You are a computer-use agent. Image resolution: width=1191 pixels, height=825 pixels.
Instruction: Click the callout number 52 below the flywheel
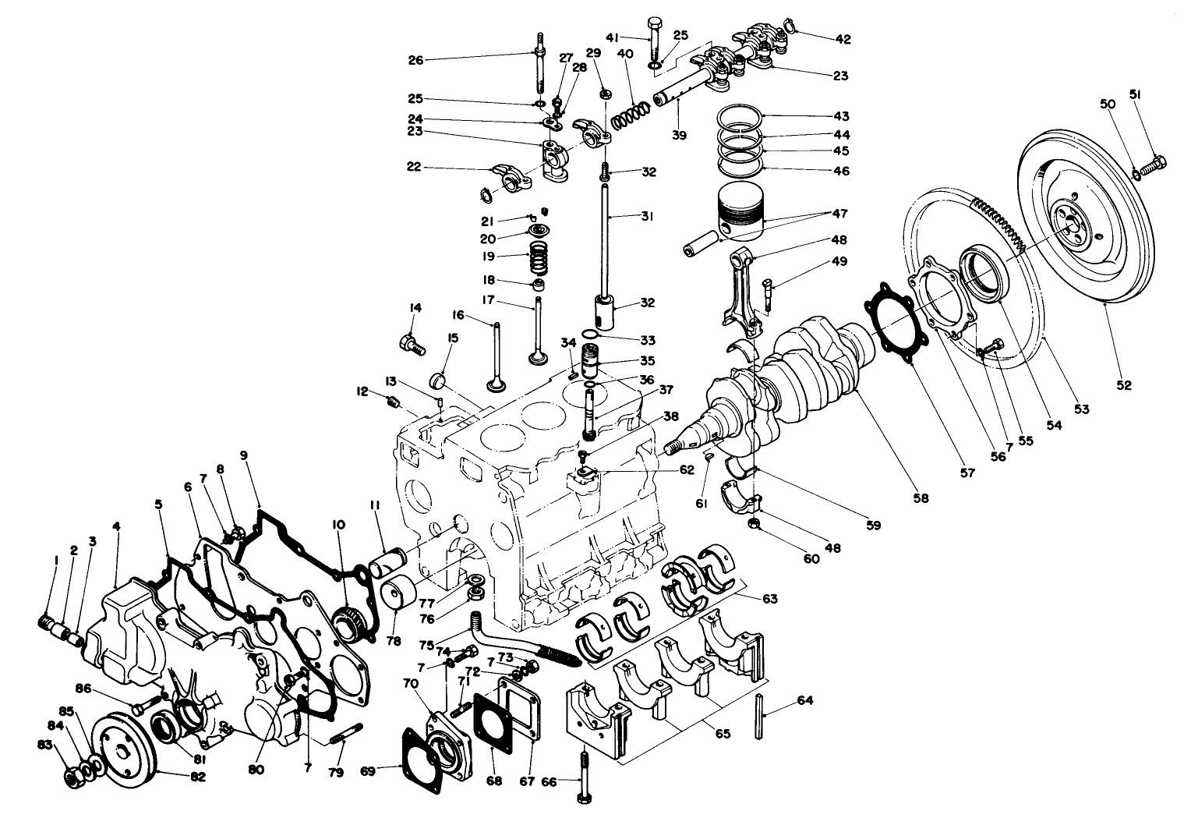pyautogui.click(x=1123, y=384)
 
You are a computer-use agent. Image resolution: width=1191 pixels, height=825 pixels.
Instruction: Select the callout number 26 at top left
pyautogui.click(x=415, y=59)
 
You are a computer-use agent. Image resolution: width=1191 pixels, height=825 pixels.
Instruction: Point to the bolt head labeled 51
pyautogui.click(x=1154, y=165)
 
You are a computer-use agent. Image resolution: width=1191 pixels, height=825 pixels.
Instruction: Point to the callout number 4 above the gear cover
pyautogui.click(x=116, y=526)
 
